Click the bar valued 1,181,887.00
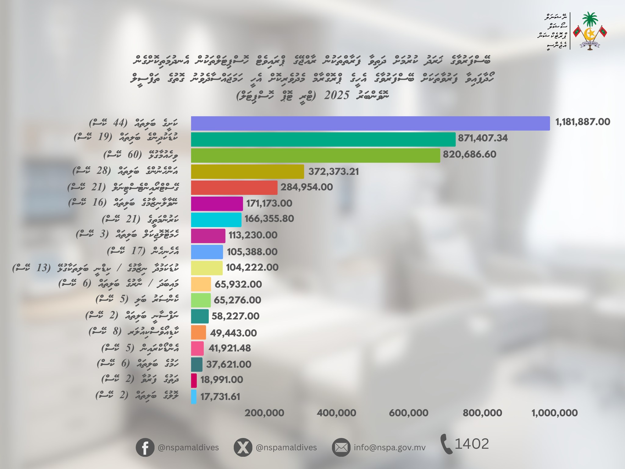[x=370, y=123]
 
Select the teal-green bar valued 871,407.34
[x=323, y=140]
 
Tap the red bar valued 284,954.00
[x=234, y=187]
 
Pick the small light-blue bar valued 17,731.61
[x=193, y=397]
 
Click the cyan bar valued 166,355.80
[x=216, y=220]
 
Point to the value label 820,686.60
[x=469, y=154]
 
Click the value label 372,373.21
[x=333, y=172]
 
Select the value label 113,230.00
[x=253, y=235]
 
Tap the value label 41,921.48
[x=229, y=348]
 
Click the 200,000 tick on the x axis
[x=264, y=413]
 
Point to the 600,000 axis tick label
[x=409, y=413]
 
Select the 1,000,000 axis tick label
[x=555, y=413]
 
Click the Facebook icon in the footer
[x=145, y=448]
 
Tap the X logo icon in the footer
[x=243, y=448]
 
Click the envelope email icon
[x=341, y=448]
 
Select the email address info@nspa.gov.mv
[x=389, y=448]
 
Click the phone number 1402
[x=472, y=444]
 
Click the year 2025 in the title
[x=337, y=96]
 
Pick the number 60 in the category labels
[x=133, y=155]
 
